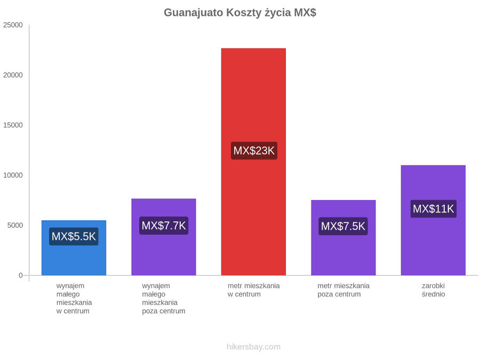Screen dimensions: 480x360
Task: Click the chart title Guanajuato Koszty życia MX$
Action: click(x=240, y=13)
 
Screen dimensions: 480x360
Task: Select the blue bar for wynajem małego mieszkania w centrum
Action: click(x=74, y=247)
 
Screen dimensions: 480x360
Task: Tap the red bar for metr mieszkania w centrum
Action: click(x=253, y=162)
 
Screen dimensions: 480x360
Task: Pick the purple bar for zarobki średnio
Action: click(x=433, y=220)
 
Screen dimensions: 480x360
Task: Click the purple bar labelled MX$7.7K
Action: click(x=164, y=237)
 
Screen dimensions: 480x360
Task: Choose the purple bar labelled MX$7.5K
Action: click(x=343, y=237)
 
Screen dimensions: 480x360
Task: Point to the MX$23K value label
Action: click(x=254, y=150)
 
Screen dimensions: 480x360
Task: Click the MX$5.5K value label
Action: click(x=74, y=236)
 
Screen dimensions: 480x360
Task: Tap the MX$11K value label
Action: click(x=434, y=209)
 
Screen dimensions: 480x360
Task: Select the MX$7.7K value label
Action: click(x=164, y=226)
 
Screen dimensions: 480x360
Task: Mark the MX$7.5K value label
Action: click(x=343, y=226)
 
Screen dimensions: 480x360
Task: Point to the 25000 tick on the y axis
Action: click(x=13, y=25)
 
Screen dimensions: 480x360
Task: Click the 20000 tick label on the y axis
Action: click(x=13, y=75)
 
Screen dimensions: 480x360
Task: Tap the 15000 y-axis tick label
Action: click(x=13, y=125)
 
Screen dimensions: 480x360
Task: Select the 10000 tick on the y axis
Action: click(x=13, y=175)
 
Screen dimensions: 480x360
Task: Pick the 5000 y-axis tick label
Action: click(x=15, y=225)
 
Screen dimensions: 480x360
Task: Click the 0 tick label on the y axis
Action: click(x=21, y=275)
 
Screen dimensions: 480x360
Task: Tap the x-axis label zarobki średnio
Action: click(x=433, y=290)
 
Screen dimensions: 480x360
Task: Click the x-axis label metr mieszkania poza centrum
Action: click(x=343, y=290)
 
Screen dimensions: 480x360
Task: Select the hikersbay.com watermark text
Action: click(x=253, y=347)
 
